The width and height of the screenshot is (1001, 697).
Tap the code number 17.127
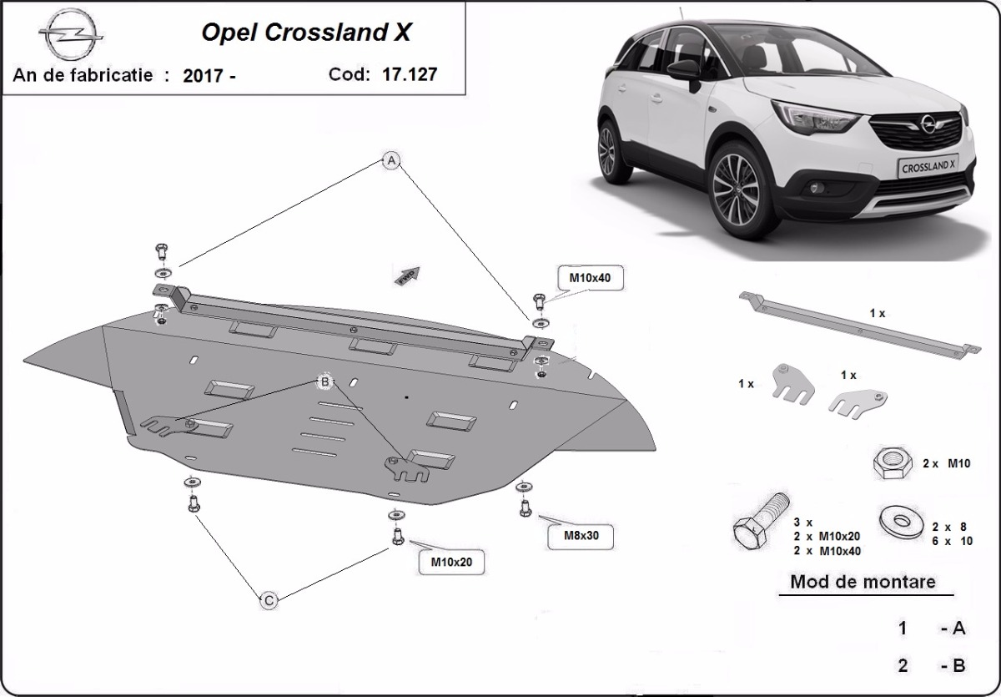point(410,73)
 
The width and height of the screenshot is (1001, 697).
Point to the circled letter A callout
point(390,161)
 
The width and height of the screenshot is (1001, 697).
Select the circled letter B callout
point(324,381)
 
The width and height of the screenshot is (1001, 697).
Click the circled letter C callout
point(269,599)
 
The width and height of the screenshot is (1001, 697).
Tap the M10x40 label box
point(591,278)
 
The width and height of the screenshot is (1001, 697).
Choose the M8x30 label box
point(580,535)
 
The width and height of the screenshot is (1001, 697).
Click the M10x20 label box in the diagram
point(451,562)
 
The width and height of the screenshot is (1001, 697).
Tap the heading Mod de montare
point(863,582)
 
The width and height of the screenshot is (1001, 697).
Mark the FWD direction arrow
point(407,275)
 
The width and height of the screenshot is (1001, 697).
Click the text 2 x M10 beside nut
point(944,464)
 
